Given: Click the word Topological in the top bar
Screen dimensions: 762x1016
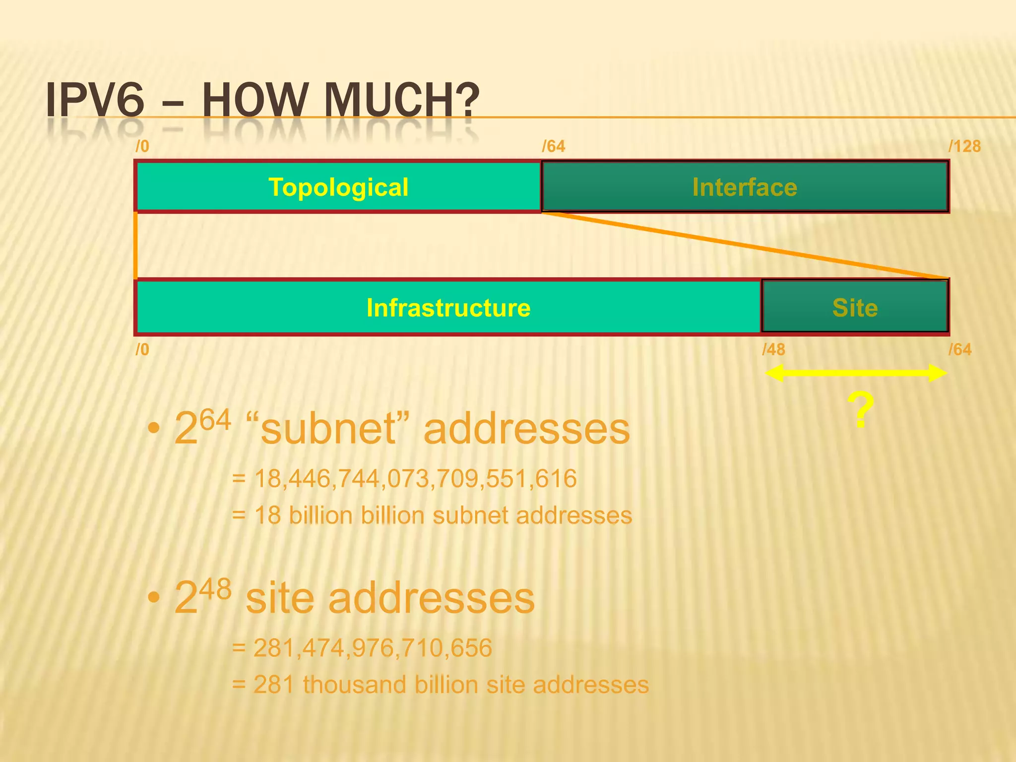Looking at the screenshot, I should [338, 188].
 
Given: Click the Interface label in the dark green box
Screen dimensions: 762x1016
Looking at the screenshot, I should [745, 188].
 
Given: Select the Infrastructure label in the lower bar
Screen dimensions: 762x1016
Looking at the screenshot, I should [448, 308].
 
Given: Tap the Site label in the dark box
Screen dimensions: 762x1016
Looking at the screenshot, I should [855, 308].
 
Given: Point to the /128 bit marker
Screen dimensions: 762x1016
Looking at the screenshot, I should [964, 146].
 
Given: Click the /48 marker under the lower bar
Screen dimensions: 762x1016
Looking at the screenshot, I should [773, 350].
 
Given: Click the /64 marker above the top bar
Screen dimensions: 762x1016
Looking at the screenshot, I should [553, 146].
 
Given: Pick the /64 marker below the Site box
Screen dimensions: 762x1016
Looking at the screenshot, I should [959, 350].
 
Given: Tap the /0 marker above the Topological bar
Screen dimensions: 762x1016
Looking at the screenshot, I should [142, 146].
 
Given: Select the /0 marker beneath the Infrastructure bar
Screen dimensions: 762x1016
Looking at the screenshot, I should [142, 350].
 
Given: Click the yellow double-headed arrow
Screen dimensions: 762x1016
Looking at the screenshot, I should [856, 373].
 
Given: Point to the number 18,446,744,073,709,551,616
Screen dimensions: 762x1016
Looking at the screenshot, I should [416, 479].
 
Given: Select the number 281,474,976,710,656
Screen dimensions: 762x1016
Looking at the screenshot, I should [373, 648].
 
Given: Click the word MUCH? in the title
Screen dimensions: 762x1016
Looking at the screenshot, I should [402, 100].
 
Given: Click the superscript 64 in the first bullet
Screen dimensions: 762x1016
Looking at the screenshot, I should [215, 420].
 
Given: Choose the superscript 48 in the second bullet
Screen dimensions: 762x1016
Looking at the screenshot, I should [215, 589].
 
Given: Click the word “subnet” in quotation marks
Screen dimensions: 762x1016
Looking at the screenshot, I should [328, 429].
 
